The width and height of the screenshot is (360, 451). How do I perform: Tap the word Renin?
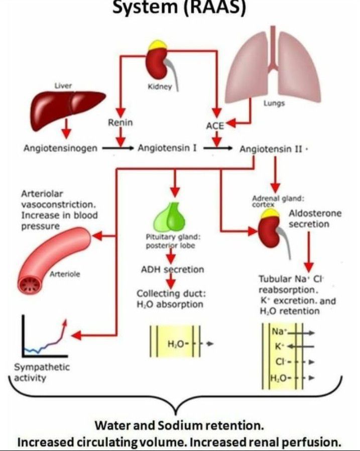(x=120, y=122)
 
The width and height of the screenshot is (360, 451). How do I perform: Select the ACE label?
(x=214, y=126)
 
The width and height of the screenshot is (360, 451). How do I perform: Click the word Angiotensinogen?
(x=60, y=148)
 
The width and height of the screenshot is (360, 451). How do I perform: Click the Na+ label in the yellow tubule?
(x=277, y=331)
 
